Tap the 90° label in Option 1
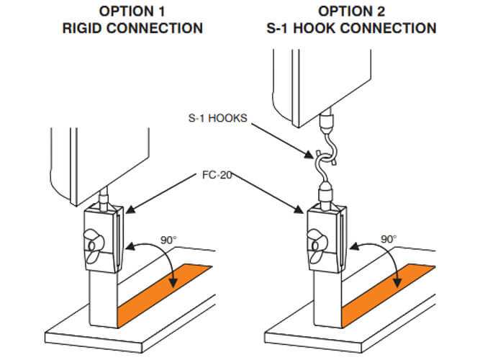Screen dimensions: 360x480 [x=168, y=238]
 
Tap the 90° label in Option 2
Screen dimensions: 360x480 [x=389, y=238]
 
